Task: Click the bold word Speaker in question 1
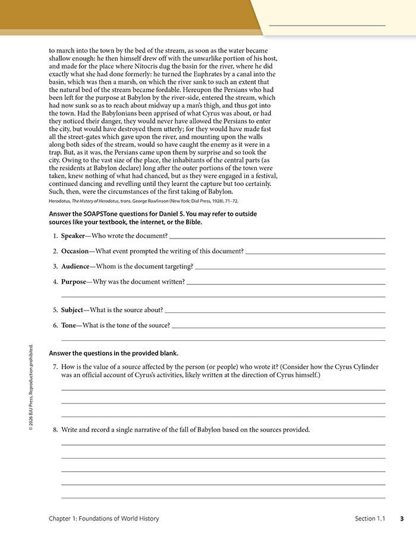pos(73,236)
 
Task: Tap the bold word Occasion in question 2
pos(75,251)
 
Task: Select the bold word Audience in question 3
pos(75,266)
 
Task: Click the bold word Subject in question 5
pos(73,310)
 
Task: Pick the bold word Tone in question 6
pos(68,325)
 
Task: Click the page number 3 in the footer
pos(402,519)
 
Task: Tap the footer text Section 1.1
pos(370,519)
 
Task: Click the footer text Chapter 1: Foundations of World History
pos(104,519)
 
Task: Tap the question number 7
pos(55,367)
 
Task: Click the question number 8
pos(55,429)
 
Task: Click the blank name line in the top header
pos(327,24)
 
